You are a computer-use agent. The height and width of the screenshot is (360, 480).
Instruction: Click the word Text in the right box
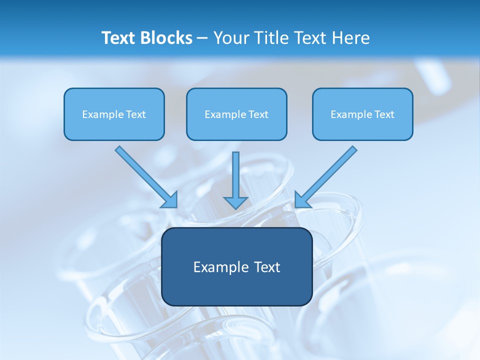(x=384, y=114)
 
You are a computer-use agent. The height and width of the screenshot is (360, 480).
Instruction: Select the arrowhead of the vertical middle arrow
(x=235, y=202)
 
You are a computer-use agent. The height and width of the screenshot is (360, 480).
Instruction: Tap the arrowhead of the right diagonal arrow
(x=301, y=200)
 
